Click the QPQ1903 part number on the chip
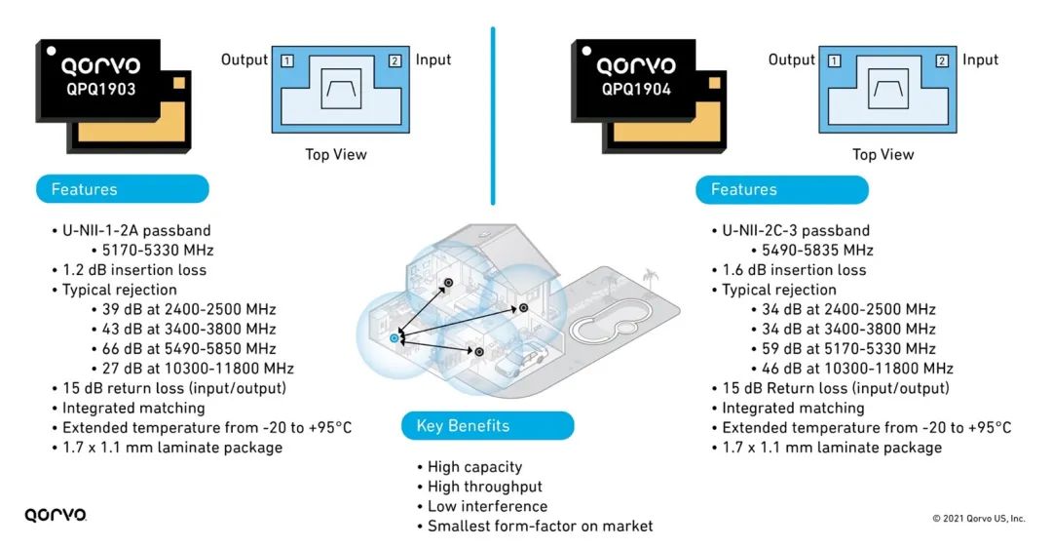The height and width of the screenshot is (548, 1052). tap(100, 90)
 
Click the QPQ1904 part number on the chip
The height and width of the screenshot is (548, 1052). tap(636, 90)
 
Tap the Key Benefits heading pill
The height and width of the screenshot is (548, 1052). tap(488, 426)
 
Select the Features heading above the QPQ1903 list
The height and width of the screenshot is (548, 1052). tap(122, 189)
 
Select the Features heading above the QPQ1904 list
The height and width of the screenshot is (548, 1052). tap(781, 189)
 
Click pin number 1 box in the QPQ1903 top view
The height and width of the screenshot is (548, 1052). tap(287, 61)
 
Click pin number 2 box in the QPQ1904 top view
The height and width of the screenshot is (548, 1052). tap(942, 61)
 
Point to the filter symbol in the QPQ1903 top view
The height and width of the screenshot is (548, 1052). tap(341, 89)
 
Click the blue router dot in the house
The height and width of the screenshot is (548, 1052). tap(394, 338)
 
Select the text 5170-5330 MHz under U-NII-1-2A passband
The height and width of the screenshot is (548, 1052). tap(158, 251)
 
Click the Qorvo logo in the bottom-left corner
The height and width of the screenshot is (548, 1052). tap(56, 515)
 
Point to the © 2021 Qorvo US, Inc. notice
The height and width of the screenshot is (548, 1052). tap(978, 519)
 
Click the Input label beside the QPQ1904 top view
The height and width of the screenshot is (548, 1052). tap(980, 59)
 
